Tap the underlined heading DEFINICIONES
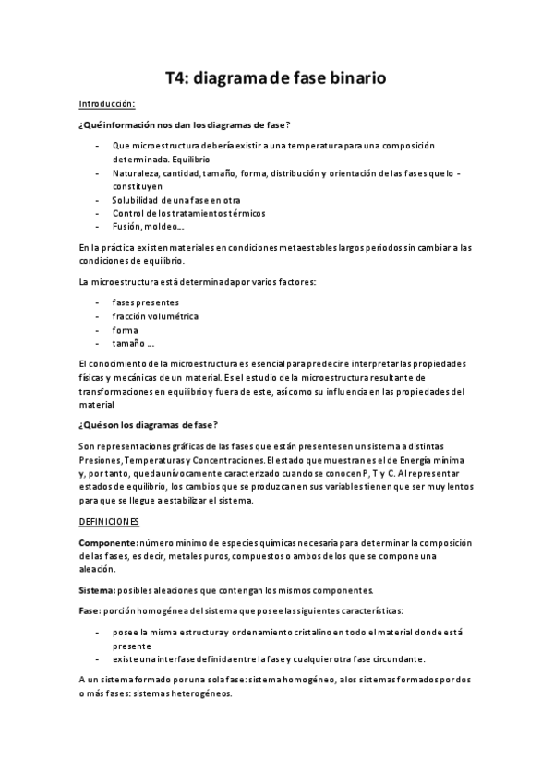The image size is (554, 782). coord(109,522)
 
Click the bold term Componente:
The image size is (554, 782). coord(110,542)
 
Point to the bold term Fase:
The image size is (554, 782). coord(90,610)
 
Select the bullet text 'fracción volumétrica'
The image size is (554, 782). coord(155,315)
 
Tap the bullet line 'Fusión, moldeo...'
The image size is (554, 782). coord(149,226)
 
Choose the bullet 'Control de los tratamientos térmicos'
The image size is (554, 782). coord(188,213)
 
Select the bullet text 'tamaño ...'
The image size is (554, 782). coord(133,343)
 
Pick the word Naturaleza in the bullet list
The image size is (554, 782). coord(136,172)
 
